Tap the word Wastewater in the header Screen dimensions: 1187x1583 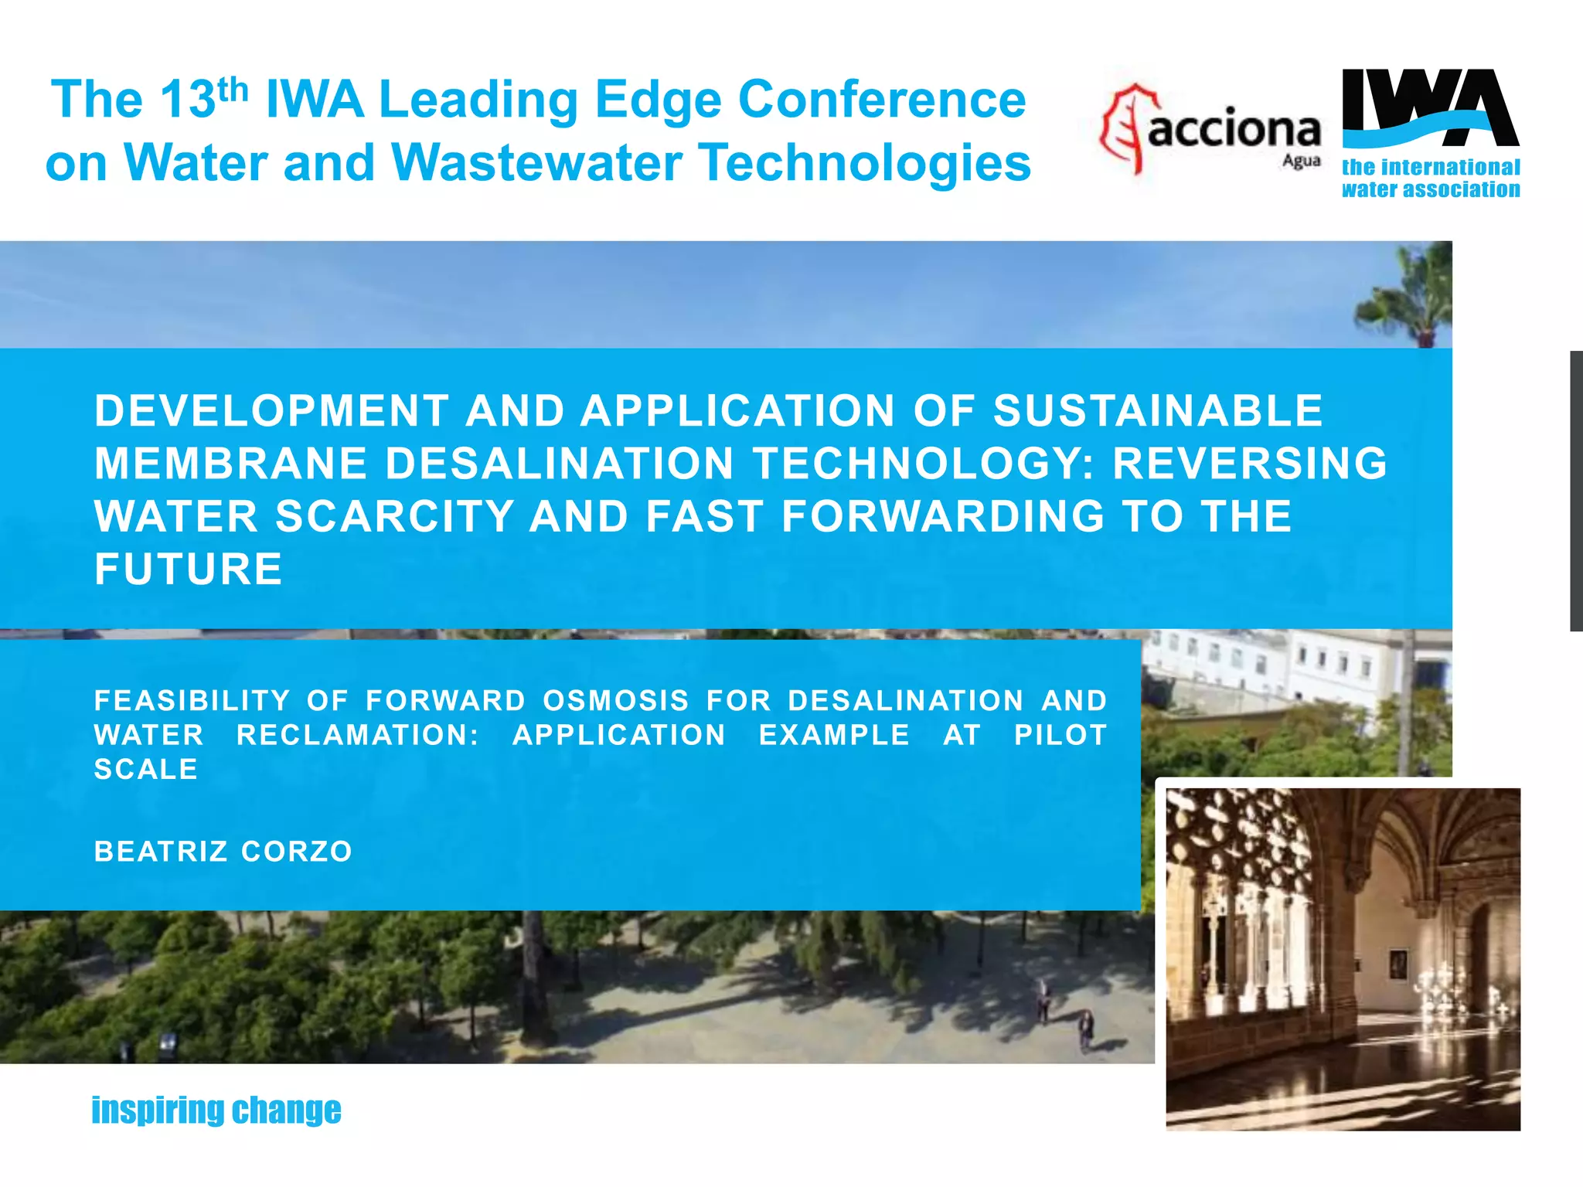point(534,163)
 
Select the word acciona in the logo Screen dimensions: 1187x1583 point(1234,129)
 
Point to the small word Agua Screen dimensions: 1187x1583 point(1301,161)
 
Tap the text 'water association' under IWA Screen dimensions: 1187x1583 point(1430,189)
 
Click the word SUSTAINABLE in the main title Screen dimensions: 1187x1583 point(1157,410)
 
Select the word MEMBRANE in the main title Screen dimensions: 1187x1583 point(230,464)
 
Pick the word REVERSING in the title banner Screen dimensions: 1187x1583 point(1250,464)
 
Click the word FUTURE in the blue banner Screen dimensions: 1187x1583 point(189,570)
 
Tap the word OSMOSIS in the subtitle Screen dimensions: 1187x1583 point(615,701)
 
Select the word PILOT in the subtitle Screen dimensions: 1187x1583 point(1060,735)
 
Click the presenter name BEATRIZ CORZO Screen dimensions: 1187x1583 point(223,852)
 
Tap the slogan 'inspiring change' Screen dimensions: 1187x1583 point(216,1110)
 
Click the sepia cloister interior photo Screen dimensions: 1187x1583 point(1343,958)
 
